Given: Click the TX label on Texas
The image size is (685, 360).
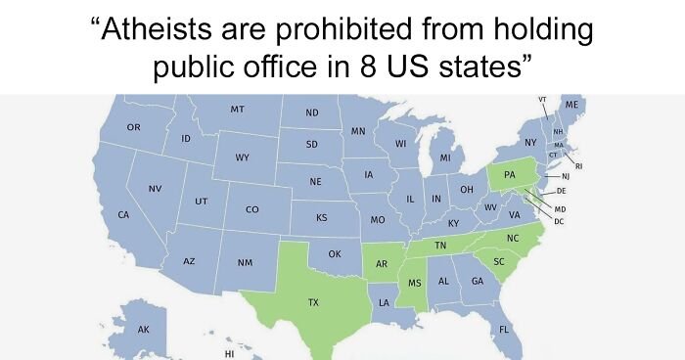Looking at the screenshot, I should pyautogui.click(x=313, y=304).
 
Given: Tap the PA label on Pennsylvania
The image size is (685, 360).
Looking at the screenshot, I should pyautogui.click(x=509, y=174).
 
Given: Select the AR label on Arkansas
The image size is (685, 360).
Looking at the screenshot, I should pyautogui.click(x=383, y=265).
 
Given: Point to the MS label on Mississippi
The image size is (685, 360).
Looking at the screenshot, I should pyautogui.click(x=414, y=283).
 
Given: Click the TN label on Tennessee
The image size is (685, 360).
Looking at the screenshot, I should pyautogui.click(x=440, y=245).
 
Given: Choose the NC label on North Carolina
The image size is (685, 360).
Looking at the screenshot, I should pyautogui.click(x=513, y=238).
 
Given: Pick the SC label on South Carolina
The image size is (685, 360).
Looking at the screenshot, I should pyautogui.click(x=499, y=262).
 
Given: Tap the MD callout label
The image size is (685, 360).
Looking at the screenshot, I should pyautogui.click(x=560, y=209).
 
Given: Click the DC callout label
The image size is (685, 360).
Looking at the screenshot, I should pyautogui.click(x=559, y=221).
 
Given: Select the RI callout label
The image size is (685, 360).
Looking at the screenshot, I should pyautogui.click(x=578, y=166).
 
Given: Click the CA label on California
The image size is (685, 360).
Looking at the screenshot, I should pyautogui.click(x=123, y=213).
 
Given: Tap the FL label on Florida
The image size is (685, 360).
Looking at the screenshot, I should pyautogui.click(x=504, y=329).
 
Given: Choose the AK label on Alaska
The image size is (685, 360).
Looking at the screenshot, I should pyautogui.click(x=144, y=331).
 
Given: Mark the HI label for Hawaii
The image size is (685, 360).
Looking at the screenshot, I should pyautogui.click(x=230, y=352).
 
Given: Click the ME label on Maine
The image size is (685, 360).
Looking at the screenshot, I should pyautogui.click(x=571, y=104).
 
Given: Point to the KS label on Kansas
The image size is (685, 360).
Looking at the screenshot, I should pyautogui.click(x=321, y=217).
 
